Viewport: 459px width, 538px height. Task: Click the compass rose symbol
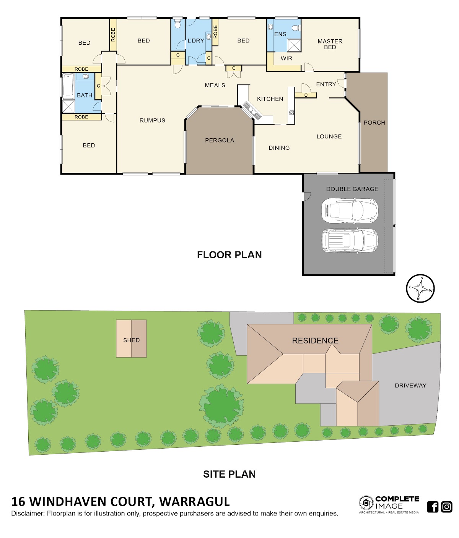(x=420, y=288)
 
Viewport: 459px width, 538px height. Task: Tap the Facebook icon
(x=432, y=507)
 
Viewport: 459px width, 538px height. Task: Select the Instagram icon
(x=446, y=507)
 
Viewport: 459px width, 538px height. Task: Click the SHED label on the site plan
(x=131, y=340)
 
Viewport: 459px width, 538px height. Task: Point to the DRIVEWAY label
(x=410, y=386)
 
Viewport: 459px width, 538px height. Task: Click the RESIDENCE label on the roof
(x=315, y=340)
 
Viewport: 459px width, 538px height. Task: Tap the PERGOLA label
(x=219, y=140)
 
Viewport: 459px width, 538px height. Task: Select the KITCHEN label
(x=270, y=99)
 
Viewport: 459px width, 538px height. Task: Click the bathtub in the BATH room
(x=68, y=85)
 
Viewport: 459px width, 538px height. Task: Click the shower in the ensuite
(x=294, y=45)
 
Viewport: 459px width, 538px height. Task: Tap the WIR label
(x=286, y=58)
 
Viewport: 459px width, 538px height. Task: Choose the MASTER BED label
(x=330, y=44)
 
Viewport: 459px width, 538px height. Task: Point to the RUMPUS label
(x=152, y=120)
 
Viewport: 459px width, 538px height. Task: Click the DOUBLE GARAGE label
(x=352, y=189)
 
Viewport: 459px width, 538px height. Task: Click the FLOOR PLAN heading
(x=229, y=255)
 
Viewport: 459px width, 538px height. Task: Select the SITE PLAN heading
(x=229, y=474)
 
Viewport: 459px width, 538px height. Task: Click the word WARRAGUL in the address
(x=194, y=502)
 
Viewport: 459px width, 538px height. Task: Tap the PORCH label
(x=374, y=123)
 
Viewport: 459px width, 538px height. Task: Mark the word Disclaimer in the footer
(x=28, y=514)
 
